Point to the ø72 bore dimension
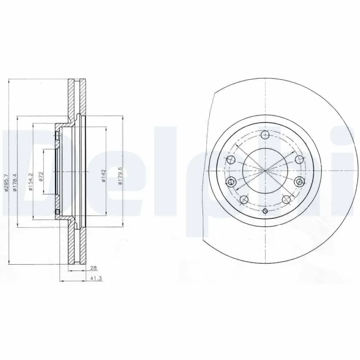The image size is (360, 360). point(41,176)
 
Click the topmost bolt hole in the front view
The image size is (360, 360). point(265,135)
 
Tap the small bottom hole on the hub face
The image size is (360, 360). point(265,211)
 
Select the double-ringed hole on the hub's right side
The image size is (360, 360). point(299,181)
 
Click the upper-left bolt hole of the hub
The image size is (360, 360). point(231,160)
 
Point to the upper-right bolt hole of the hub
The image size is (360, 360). point(299,159)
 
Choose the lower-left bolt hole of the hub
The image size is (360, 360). point(244,199)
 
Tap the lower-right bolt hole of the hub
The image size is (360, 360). point(285,199)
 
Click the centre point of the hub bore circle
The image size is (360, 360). point(265,170)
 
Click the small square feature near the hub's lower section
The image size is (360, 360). point(58,211)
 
